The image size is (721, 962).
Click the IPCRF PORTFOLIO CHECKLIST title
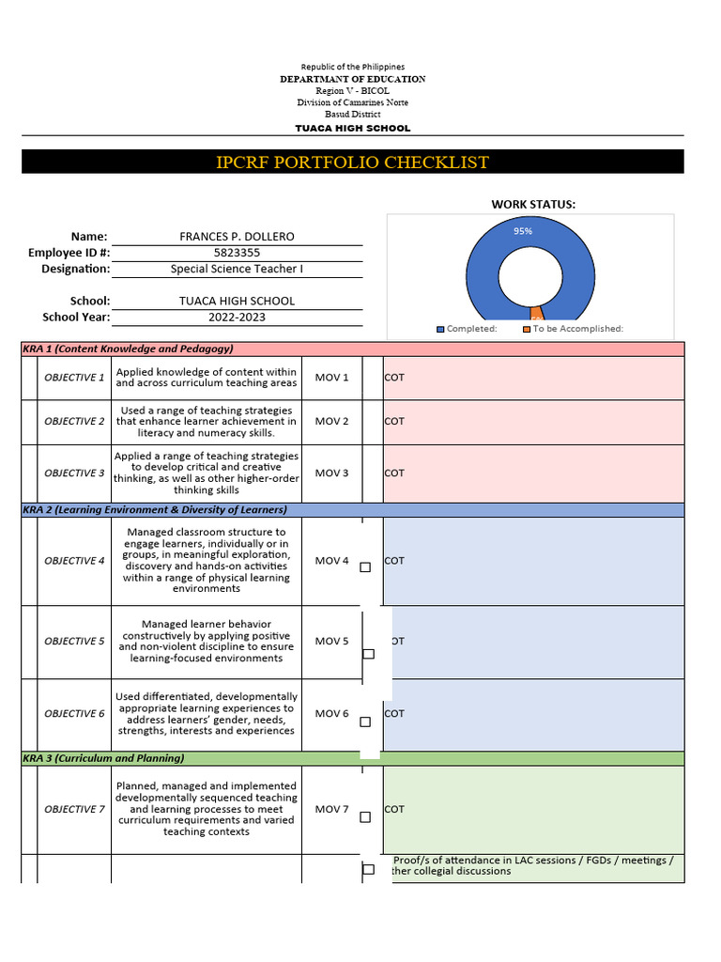coord(352,163)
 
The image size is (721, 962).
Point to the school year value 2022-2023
coord(238,317)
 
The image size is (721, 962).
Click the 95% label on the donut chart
coord(523,230)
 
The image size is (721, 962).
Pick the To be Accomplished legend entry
coord(573,329)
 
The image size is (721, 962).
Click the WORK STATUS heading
coord(533,204)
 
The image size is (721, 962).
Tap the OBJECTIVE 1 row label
coord(74,378)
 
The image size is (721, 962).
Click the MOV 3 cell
coord(331,473)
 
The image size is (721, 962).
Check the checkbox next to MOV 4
coord(365,567)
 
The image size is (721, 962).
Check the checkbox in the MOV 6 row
coord(365,722)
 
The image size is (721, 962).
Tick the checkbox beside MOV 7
coord(365,817)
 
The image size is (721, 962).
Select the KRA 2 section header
coord(155,510)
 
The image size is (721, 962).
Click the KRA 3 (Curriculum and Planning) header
coord(103,758)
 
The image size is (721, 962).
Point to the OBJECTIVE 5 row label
coord(74,642)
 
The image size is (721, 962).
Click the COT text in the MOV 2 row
coord(394,422)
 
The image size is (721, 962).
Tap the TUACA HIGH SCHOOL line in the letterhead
coord(352,128)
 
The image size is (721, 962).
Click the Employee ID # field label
coord(69,253)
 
